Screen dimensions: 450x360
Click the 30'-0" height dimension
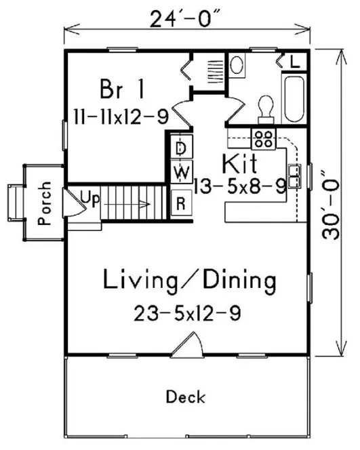click(x=331, y=203)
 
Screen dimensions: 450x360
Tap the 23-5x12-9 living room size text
click(x=188, y=313)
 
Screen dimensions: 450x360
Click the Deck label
click(x=186, y=396)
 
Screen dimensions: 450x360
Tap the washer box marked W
click(x=181, y=173)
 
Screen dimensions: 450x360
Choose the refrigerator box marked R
click(x=181, y=203)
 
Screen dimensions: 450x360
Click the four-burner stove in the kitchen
click(x=263, y=139)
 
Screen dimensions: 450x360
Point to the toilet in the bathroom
click(x=266, y=108)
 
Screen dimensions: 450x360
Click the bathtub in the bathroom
click(x=296, y=102)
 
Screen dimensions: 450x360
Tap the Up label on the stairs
click(x=89, y=198)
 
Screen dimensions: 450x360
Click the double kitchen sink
click(x=295, y=176)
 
